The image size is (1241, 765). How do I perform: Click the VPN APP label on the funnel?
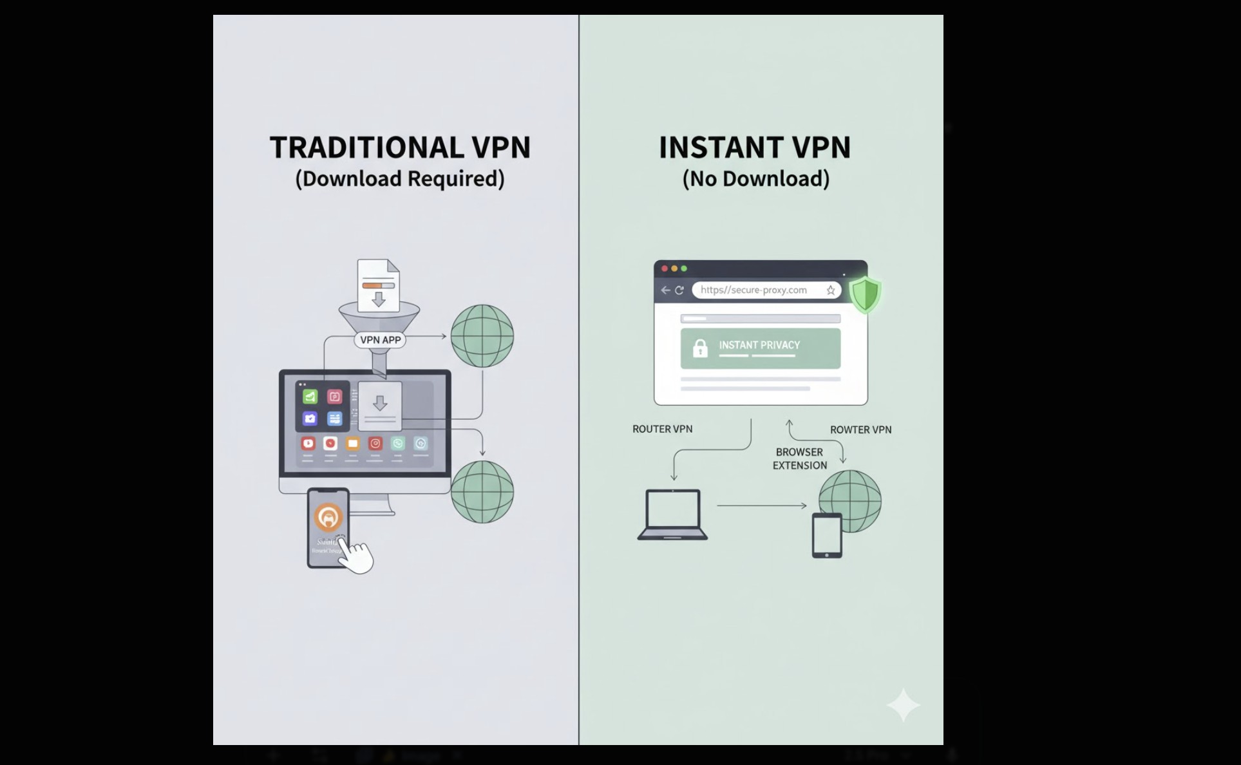point(380,340)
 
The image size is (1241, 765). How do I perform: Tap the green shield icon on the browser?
point(865,294)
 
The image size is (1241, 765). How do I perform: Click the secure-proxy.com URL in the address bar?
point(753,290)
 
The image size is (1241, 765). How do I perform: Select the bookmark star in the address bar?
point(831,290)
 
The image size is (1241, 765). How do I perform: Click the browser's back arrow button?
point(665,290)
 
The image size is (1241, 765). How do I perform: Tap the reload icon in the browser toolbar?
point(679,290)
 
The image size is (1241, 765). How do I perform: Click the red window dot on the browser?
point(665,269)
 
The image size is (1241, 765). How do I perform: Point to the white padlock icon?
point(700,348)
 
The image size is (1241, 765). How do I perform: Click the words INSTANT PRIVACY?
point(759,345)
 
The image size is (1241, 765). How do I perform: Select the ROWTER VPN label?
point(860,430)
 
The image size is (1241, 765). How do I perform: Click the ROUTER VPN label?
point(662,430)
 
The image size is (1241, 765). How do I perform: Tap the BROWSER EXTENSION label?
point(799,459)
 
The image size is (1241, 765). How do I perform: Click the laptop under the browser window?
point(672,514)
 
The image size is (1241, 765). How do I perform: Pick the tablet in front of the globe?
point(827,535)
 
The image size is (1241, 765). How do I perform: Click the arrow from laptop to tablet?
point(761,505)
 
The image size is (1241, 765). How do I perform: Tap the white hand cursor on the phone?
point(355,555)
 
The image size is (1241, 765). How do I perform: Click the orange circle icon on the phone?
point(328,517)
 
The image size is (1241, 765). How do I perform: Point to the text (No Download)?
point(755,179)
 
